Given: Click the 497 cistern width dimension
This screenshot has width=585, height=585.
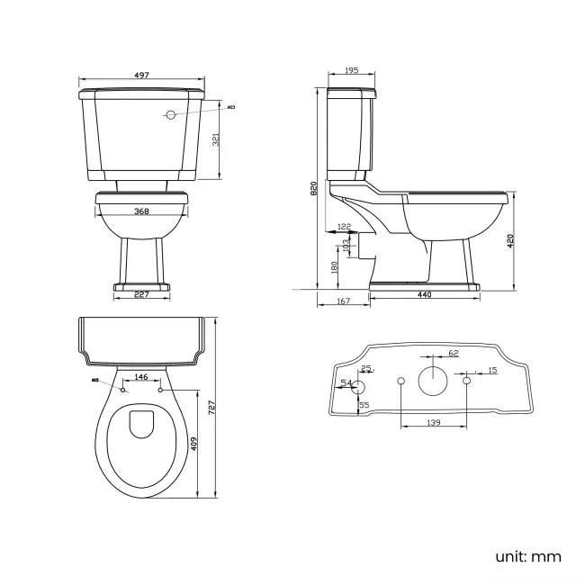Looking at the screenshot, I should click(x=142, y=76).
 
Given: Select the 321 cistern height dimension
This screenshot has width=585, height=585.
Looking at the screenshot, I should click(x=214, y=139).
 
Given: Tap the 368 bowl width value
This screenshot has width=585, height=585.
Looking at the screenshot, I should click(x=141, y=212).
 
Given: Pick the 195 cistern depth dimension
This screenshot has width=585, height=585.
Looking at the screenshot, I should click(x=352, y=71).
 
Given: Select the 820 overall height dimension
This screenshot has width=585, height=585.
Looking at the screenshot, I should click(x=314, y=189).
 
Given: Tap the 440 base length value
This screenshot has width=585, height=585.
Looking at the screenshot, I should click(x=423, y=295).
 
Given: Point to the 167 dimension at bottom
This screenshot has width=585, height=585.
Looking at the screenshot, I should click(x=342, y=302).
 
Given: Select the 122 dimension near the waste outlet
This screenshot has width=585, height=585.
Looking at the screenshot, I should click(x=344, y=227).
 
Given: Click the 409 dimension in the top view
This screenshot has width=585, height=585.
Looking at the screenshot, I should click(x=194, y=445).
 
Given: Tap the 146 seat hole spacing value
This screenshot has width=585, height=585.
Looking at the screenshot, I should click(x=141, y=377).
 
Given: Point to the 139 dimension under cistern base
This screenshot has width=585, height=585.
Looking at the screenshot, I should click(x=433, y=422).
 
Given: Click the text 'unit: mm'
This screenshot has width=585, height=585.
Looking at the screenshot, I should click(x=527, y=556).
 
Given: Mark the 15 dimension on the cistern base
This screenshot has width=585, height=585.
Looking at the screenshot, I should click(x=491, y=371).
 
